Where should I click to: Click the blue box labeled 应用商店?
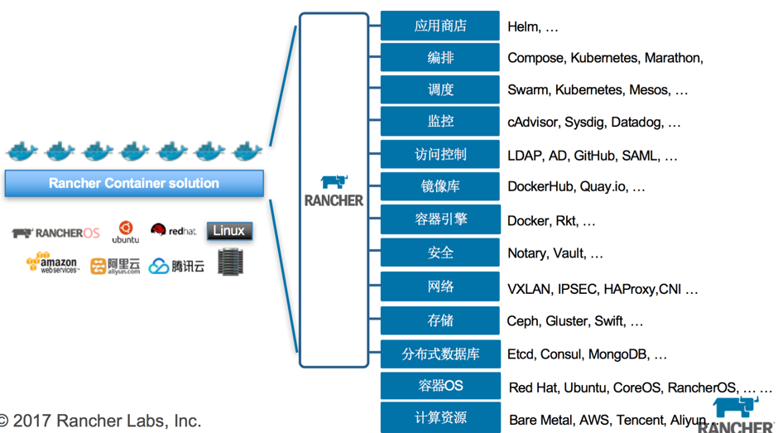click(x=440, y=26)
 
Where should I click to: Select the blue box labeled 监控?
click(x=440, y=122)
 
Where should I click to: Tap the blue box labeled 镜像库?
click(x=440, y=187)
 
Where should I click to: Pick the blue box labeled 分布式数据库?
click(x=440, y=354)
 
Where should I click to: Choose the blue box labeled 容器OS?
click(x=440, y=386)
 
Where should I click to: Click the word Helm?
click(x=523, y=26)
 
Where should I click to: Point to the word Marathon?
click(x=673, y=58)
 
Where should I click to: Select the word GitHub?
click(x=593, y=156)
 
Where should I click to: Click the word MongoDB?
click(x=617, y=354)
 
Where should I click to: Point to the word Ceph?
click(x=522, y=321)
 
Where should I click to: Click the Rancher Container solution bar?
click(x=134, y=183)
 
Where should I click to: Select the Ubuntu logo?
click(x=126, y=232)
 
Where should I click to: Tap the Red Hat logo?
click(x=174, y=230)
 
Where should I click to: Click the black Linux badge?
click(x=229, y=231)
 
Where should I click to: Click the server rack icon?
click(x=231, y=262)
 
